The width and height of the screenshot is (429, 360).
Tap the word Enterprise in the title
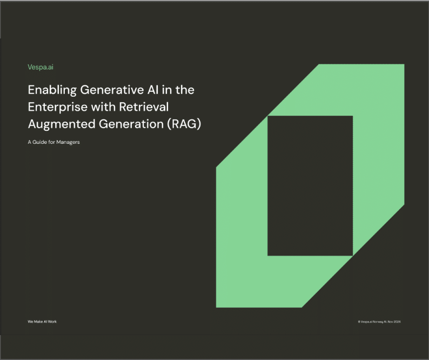tap(55, 106)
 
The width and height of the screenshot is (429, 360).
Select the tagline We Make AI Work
tap(42, 322)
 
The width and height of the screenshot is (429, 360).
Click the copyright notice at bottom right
tap(379, 322)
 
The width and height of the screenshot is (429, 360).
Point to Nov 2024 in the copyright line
tap(394, 322)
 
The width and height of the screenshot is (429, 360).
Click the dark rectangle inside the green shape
tap(310, 185)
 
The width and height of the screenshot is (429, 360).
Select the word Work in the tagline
tap(52, 322)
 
